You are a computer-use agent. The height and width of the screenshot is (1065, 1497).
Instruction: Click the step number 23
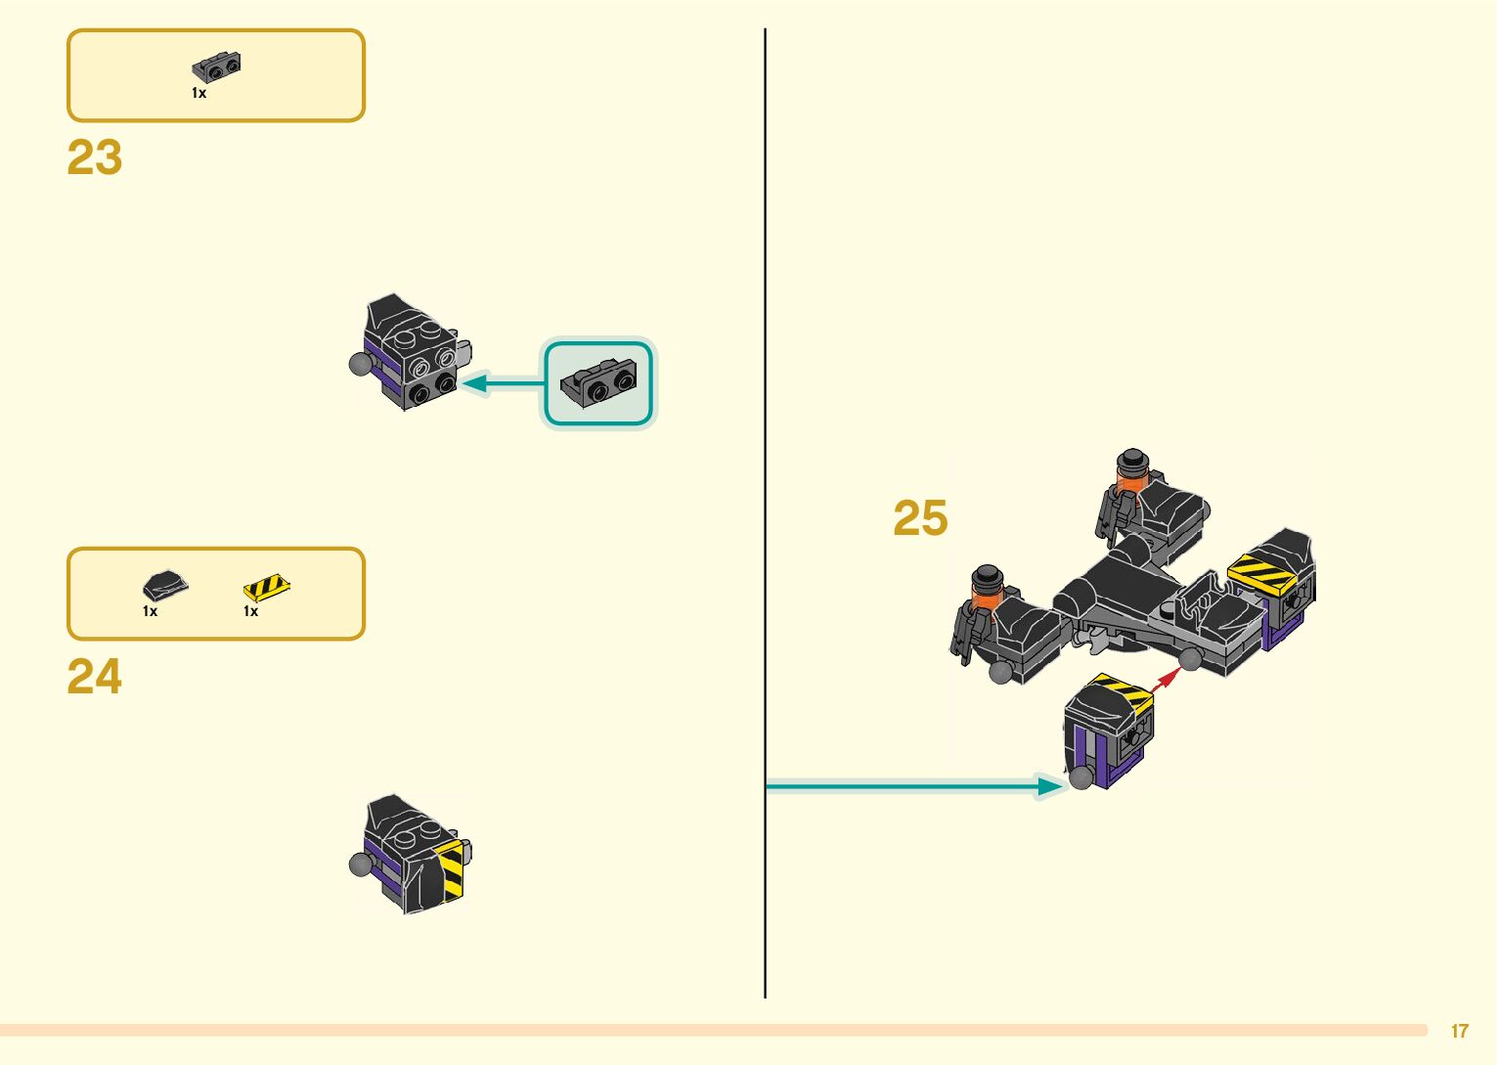95,157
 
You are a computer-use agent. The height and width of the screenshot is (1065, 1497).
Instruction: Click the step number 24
95,676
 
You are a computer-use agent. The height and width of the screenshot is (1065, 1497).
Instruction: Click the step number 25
920,518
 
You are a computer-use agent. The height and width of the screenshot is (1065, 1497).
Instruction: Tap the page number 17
1459,1031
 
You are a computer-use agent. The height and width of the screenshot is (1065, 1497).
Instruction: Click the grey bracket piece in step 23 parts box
216,67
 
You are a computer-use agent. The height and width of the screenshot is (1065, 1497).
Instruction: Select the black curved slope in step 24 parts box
164,586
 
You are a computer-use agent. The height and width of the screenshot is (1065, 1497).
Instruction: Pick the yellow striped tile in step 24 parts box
266,587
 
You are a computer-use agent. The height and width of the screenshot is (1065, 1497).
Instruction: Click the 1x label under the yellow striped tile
250,611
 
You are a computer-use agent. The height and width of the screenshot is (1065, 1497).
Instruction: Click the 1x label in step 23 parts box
198,93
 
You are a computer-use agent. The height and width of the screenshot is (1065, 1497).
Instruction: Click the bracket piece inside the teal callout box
598,381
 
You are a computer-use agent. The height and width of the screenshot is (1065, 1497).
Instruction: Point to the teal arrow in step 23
504,383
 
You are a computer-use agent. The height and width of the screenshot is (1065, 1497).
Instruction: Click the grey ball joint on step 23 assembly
362,365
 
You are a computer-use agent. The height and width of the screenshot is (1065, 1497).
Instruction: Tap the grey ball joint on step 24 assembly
362,864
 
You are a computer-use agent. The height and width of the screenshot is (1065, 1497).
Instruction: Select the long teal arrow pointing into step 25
909,785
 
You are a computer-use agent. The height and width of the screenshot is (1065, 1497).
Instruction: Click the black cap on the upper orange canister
1132,461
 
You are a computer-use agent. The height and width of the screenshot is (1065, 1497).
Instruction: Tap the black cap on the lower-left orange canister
988,575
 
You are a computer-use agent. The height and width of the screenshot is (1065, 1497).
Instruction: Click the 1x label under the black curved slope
150,611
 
